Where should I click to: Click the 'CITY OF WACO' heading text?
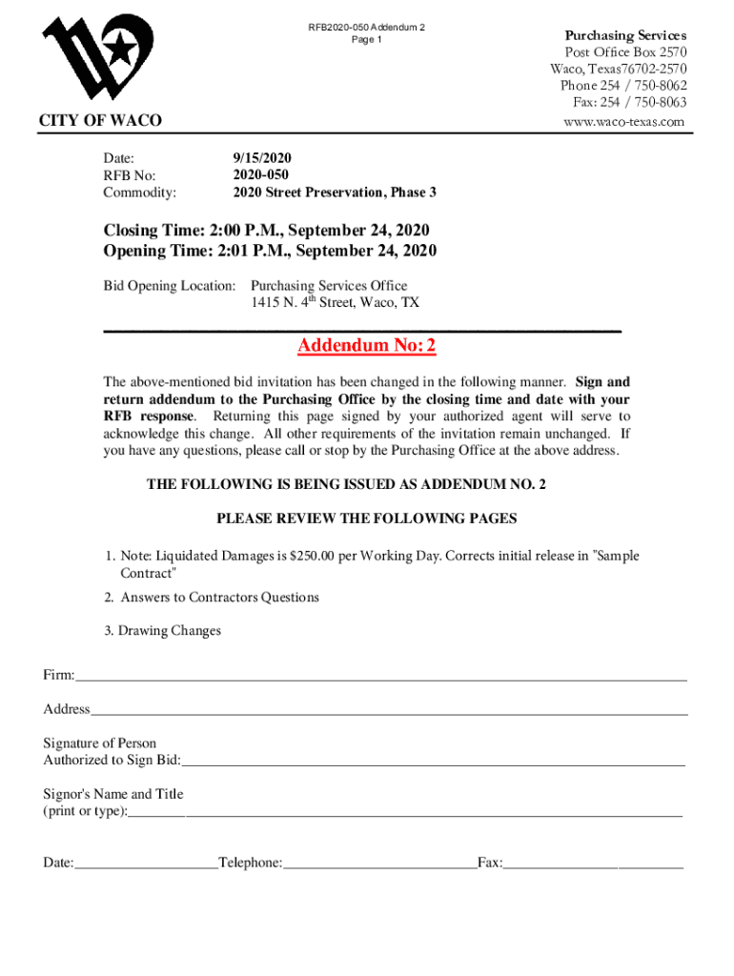click(x=100, y=121)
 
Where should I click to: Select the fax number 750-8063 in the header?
click(x=654, y=103)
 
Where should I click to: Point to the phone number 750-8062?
click(x=654, y=86)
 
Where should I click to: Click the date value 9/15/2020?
click(x=262, y=158)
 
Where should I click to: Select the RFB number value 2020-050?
click(x=260, y=175)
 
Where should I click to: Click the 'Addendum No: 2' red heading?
click(x=366, y=345)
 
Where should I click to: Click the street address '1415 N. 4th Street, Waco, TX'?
click(x=335, y=303)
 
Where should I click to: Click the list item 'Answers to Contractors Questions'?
click(x=219, y=598)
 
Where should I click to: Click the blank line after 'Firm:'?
click(x=381, y=678)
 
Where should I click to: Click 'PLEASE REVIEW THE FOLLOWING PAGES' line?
click(x=367, y=519)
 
